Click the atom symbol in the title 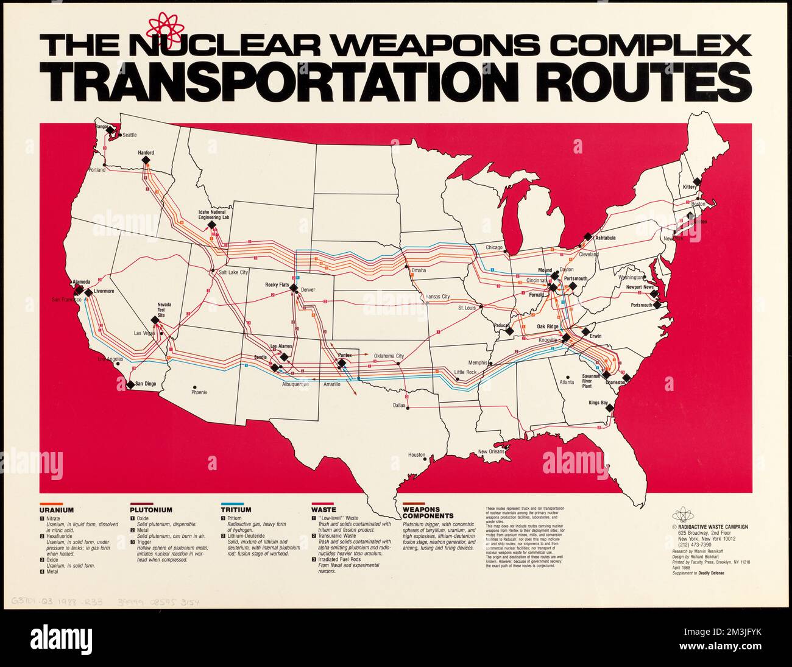(165, 26)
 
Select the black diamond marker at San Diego (130, 384)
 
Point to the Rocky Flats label (276, 284)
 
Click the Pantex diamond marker (342, 364)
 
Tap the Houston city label (417, 455)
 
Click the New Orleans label (492, 451)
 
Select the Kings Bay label (598, 402)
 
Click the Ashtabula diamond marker (587, 236)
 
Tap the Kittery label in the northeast (689, 186)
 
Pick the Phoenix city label (199, 392)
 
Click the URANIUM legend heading (57, 510)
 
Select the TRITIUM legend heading (236, 510)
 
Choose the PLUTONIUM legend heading (151, 510)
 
